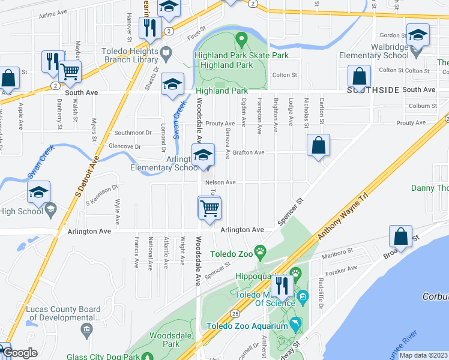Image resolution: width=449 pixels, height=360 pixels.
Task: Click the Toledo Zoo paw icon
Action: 260,250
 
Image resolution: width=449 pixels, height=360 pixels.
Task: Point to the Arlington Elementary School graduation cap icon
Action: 203,156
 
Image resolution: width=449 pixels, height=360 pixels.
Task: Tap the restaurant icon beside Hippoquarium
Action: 280,286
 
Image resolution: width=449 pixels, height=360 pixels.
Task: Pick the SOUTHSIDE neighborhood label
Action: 373,90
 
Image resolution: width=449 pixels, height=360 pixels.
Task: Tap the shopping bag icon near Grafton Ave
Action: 318,146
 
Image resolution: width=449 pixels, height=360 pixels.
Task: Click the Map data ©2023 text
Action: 423,355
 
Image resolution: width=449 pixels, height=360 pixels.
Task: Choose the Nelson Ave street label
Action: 220,182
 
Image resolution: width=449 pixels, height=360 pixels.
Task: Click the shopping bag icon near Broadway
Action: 400,237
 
